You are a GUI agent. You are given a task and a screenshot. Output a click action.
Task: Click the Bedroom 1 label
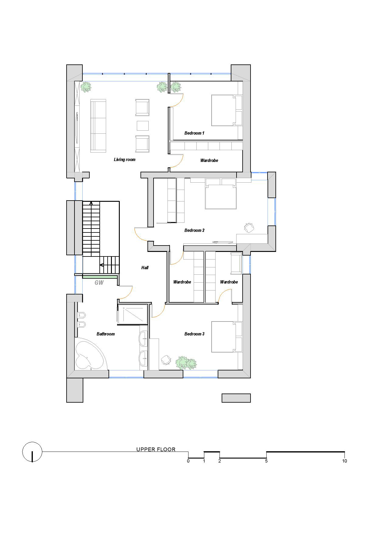click(194, 133)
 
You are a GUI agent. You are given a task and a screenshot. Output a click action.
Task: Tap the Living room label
click(125, 160)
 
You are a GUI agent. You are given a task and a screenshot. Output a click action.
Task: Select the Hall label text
click(145, 268)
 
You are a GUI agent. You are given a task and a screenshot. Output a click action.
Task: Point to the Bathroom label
click(106, 334)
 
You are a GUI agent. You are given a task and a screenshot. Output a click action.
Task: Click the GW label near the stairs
click(99, 283)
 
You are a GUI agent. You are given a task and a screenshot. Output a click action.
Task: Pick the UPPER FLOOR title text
click(156, 449)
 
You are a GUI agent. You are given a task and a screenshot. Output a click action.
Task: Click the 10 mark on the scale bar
click(344, 461)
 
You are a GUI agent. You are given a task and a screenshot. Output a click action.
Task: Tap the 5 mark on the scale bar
click(266, 461)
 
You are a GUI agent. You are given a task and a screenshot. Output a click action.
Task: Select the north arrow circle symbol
click(32, 452)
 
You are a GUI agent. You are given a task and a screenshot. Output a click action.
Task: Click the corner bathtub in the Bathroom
click(90, 355)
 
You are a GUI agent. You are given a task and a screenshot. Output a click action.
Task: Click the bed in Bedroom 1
click(227, 111)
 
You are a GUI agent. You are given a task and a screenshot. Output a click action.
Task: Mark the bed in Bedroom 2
click(221, 194)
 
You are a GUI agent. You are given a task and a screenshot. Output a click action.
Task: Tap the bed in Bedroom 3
click(227, 337)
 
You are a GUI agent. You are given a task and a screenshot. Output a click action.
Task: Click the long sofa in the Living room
click(98, 126)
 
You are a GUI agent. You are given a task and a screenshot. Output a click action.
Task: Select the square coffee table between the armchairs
click(143, 126)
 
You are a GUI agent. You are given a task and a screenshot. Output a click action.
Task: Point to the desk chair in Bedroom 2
click(249, 228)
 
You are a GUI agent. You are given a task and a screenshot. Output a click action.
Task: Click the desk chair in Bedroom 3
click(166, 360)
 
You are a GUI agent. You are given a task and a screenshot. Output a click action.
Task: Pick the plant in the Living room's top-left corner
click(86, 87)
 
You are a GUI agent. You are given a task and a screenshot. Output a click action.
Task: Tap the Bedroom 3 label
click(194, 334)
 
